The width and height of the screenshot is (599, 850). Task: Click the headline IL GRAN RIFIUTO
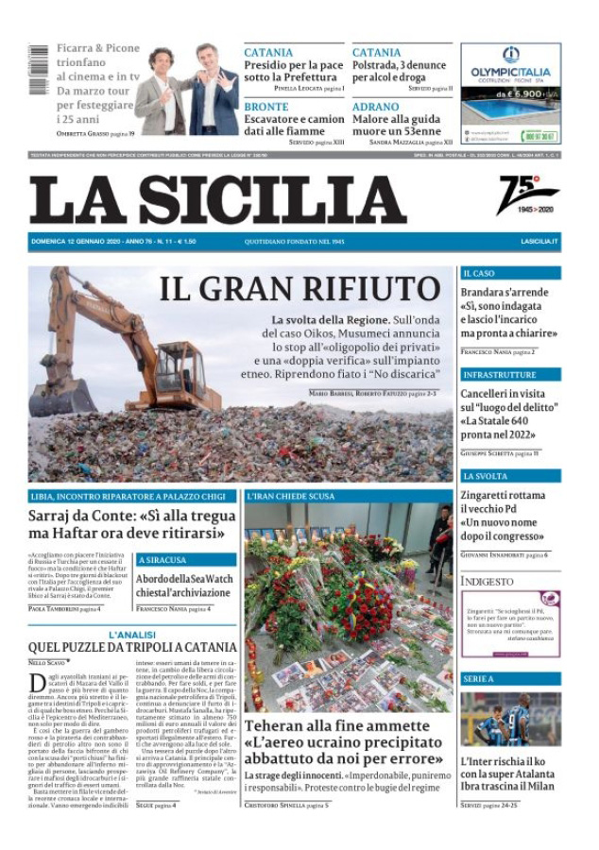point(299,288)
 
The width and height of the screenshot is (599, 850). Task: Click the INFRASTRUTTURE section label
point(500,375)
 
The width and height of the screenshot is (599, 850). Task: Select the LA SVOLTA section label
point(486,476)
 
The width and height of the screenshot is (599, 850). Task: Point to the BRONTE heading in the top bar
point(266,108)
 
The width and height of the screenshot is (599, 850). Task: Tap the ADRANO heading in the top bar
point(375,108)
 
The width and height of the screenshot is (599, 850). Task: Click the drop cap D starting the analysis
point(37,684)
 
